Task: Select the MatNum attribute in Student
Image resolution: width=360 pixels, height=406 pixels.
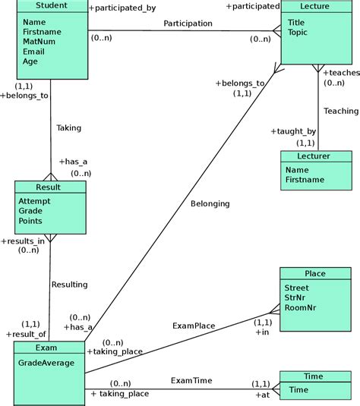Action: point(39,42)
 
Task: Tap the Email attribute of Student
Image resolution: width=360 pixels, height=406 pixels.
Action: point(34,52)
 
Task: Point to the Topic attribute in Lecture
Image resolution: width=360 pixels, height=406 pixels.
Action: point(298,33)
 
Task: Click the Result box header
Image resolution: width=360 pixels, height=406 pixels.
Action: point(49,187)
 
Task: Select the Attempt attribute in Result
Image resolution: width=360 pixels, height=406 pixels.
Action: point(36,200)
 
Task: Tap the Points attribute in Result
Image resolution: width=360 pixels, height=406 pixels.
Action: point(32,221)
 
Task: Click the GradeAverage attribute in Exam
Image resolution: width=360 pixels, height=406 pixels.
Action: point(46,363)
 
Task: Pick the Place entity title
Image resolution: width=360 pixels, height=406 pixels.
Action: point(315,273)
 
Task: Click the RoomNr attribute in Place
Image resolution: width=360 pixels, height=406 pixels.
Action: point(301,309)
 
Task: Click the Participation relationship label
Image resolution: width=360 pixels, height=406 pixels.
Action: point(188,24)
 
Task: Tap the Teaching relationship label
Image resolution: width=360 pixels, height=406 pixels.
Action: point(340,111)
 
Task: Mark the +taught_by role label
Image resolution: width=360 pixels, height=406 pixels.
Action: point(292,131)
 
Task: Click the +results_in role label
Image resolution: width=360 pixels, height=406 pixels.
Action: point(27,241)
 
